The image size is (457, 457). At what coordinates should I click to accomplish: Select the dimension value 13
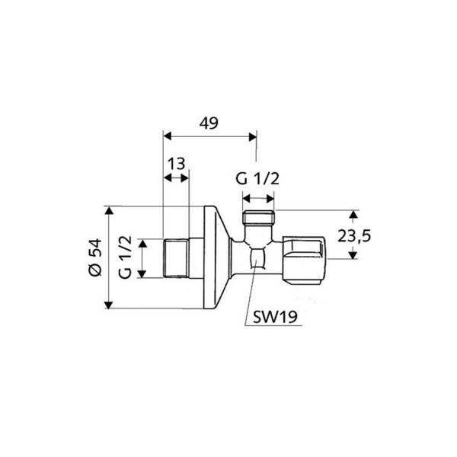[x=176, y=164]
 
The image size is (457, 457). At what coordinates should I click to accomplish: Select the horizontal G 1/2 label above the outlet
[x=257, y=179]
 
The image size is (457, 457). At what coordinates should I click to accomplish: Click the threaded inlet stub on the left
[x=177, y=258]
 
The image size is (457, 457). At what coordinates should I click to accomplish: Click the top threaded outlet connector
[x=257, y=220]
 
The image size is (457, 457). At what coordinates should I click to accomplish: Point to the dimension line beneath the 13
[x=176, y=177]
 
